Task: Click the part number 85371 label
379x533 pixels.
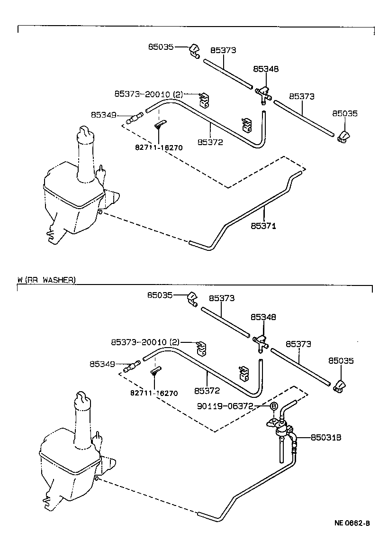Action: click(x=264, y=226)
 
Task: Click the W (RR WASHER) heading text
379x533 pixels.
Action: click(x=46, y=280)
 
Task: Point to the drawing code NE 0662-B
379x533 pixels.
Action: click(x=352, y=523)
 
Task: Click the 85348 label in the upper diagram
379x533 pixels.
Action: click(x=266, y=69)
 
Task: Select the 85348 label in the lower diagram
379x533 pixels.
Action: click(x=263, y=317)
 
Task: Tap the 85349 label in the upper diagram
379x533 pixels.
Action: click(x=103, y=114)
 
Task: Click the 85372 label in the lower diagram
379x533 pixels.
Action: click(x=207, y=391)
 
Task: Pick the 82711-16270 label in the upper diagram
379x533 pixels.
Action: click(x=159, y=147)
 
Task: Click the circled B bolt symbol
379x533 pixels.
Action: click(x=273, y=406)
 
